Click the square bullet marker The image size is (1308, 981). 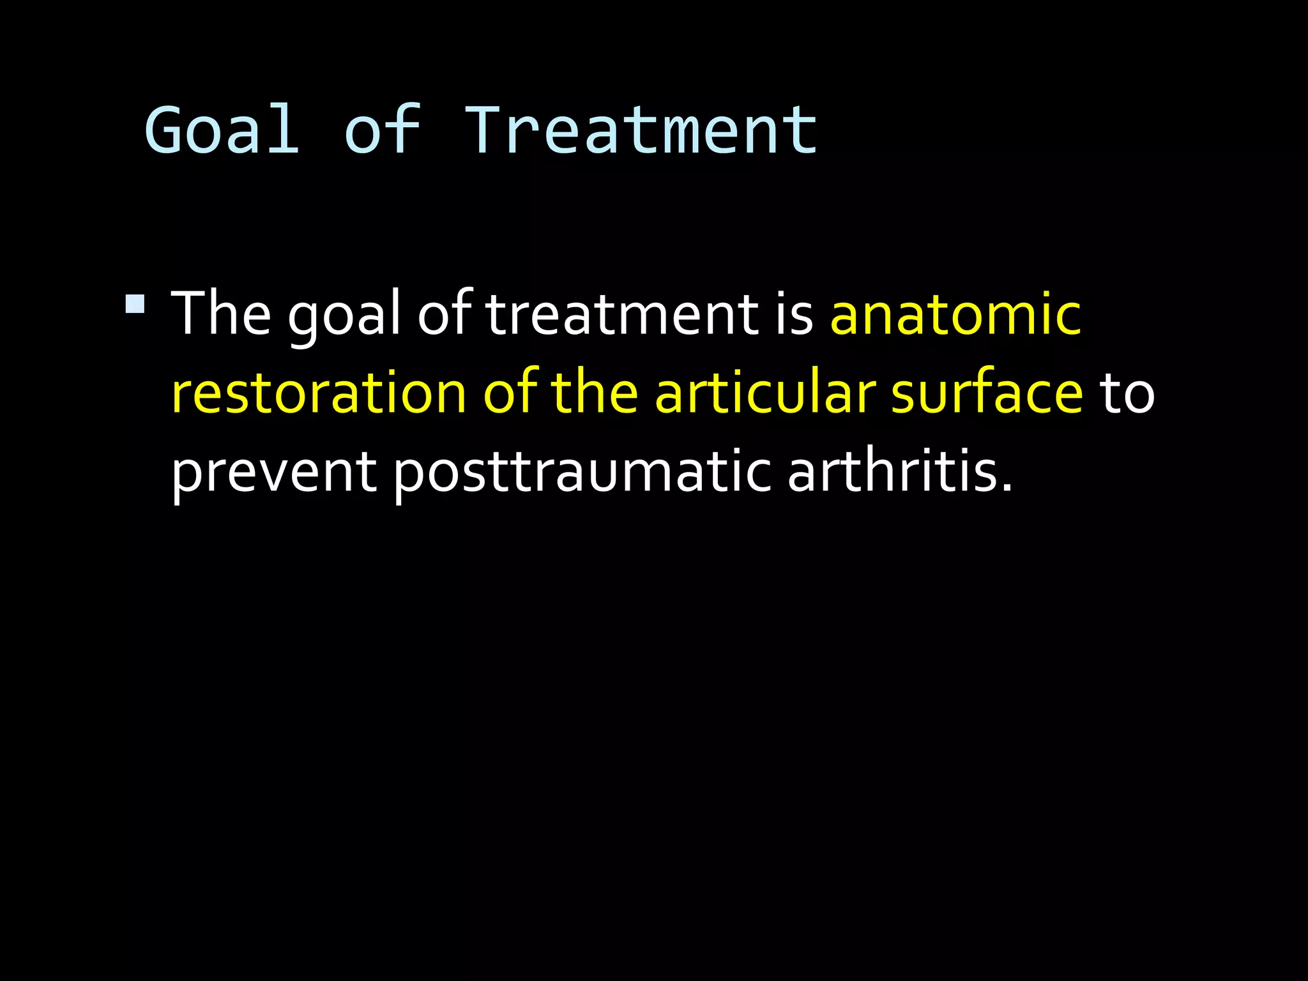click(x=135, y=303)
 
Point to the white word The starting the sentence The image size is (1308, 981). click(x=221, y=313)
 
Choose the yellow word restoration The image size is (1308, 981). click(x=319, y=393)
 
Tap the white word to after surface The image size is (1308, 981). click(x=1127, y=393)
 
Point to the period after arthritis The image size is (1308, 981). click(x=1007, y=488)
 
